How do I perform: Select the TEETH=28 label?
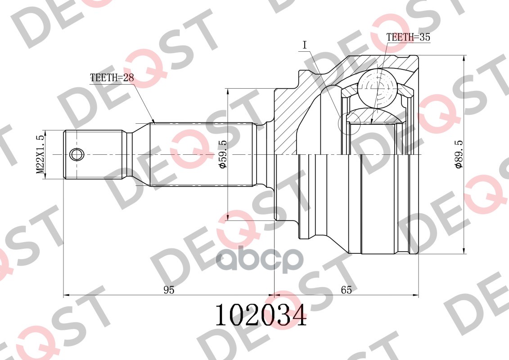112,77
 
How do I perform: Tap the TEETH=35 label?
408,38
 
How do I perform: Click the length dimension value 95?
169,290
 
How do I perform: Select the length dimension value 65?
346,290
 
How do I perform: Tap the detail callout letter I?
305,45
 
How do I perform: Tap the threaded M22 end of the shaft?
95,154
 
